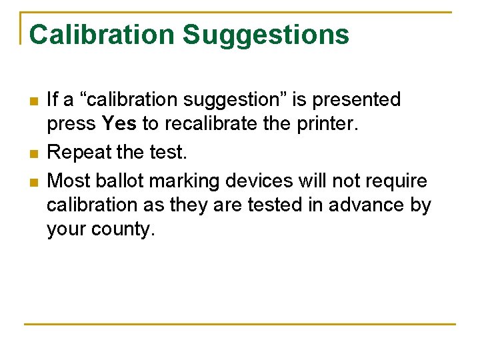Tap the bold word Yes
click(x=119, y=124)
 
